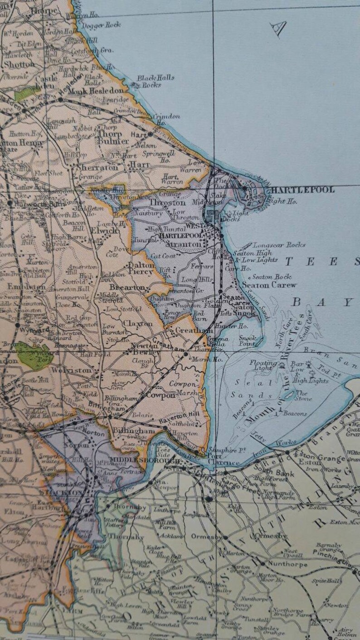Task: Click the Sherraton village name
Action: pos(95,167)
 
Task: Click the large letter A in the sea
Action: pos(277,29)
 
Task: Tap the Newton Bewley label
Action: pos(146,348)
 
